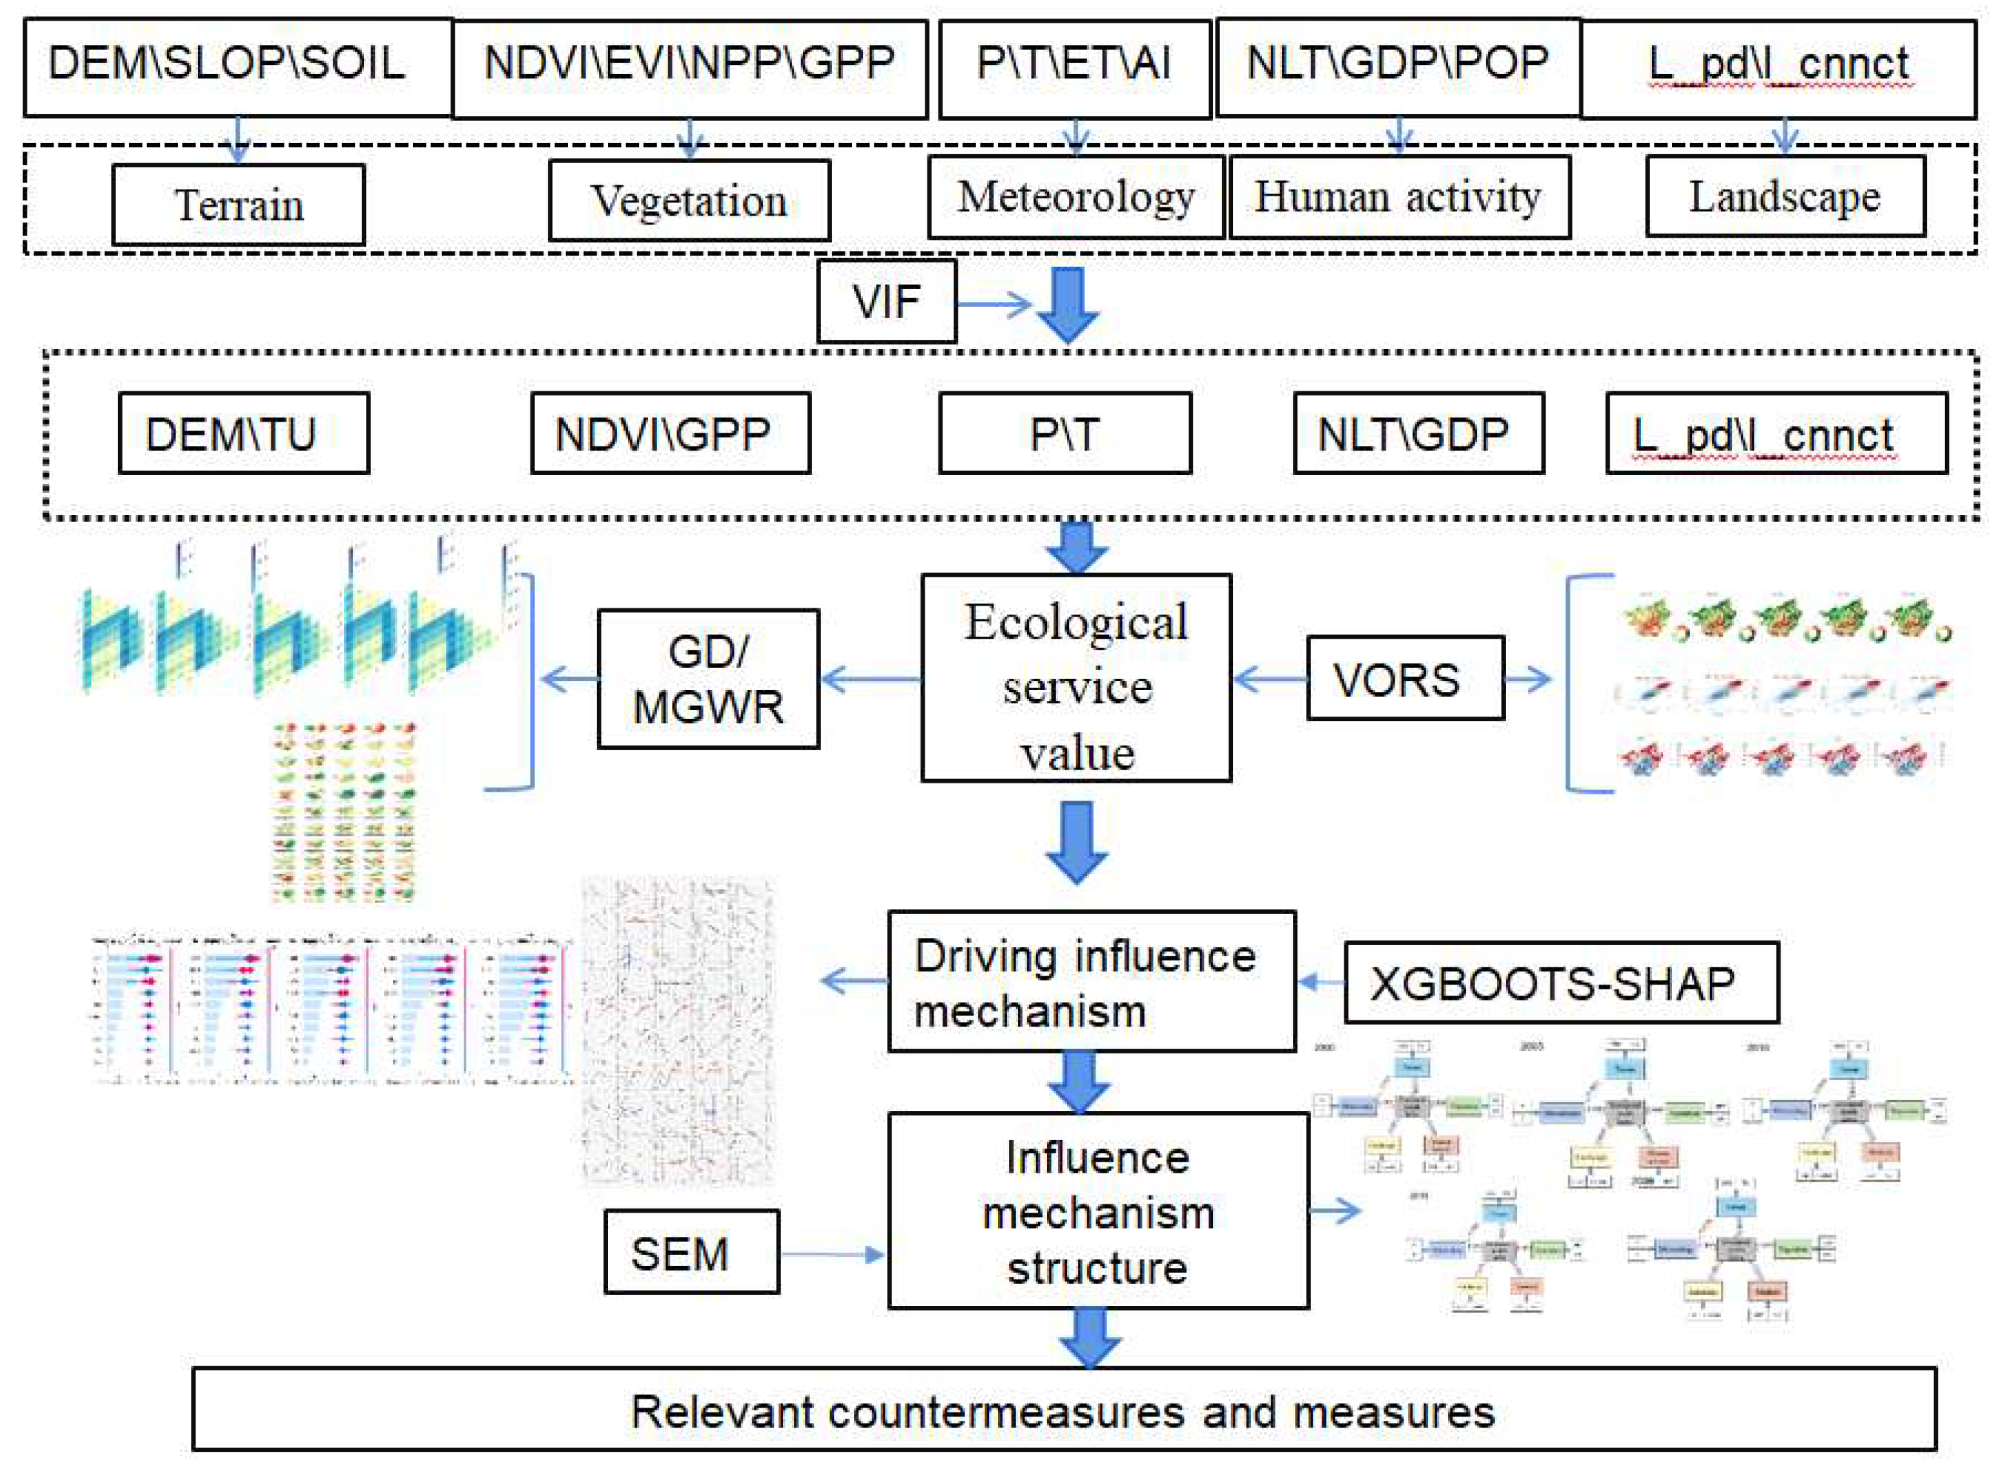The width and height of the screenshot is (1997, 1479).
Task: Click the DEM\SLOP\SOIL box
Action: (237, 67)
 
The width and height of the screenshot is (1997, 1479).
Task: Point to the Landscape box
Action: (1784, 197)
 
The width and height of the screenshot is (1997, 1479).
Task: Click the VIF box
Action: (885, 301)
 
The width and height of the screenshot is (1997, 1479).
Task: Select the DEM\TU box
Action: (244, 434)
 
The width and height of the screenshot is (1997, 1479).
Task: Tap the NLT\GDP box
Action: (1418, 434)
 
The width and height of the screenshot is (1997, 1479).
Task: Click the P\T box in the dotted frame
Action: (1064, 434)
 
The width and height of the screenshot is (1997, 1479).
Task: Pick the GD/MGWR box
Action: (708, 678)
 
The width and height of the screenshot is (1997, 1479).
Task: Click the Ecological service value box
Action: (1076, 678)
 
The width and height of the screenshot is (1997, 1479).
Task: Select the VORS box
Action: (1404, 678)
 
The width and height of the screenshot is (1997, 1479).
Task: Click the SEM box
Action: (691, 1252)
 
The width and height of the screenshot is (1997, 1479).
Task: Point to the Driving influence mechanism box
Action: (1091, 982)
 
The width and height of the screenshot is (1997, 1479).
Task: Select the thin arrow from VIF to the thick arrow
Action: (992, 304)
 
